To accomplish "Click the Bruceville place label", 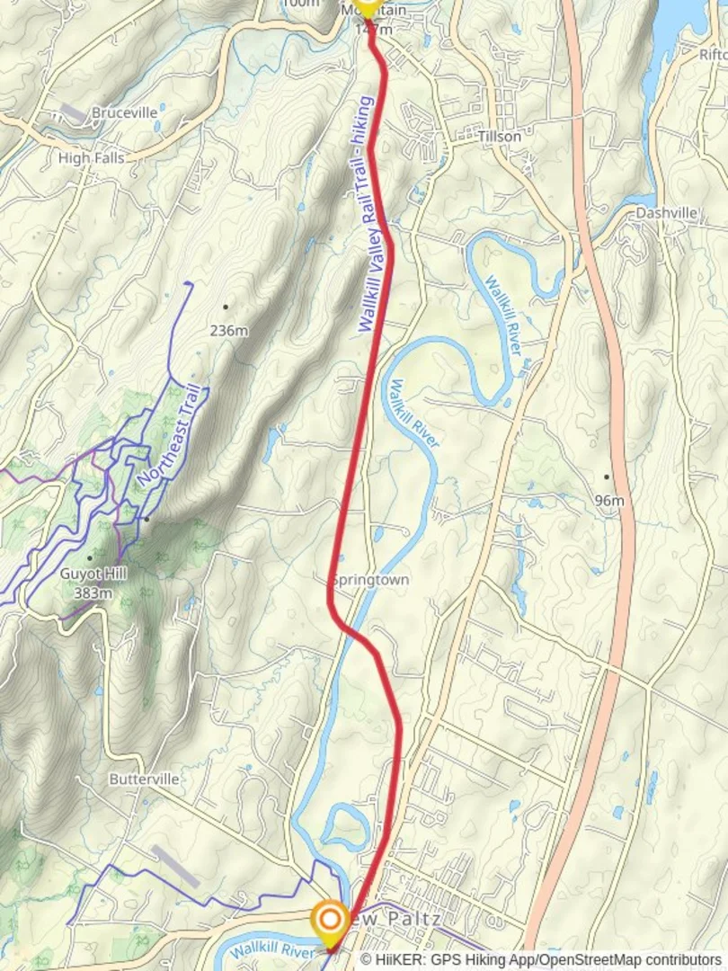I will coord(124,113).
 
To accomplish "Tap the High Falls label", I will coord(91,158).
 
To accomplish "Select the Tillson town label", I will coord(500,137).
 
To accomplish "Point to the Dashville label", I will coord(666,213).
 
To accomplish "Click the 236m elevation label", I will coord(228,330).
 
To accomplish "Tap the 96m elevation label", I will coord(608,499).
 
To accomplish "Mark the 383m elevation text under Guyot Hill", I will coord(92,592).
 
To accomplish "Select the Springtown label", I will coord(369,580).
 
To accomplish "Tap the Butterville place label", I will coord(144,779).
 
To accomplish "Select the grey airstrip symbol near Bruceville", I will coord(73,113).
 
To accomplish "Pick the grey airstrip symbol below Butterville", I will coord(175,866).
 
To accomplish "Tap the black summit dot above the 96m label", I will coord(607,477).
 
